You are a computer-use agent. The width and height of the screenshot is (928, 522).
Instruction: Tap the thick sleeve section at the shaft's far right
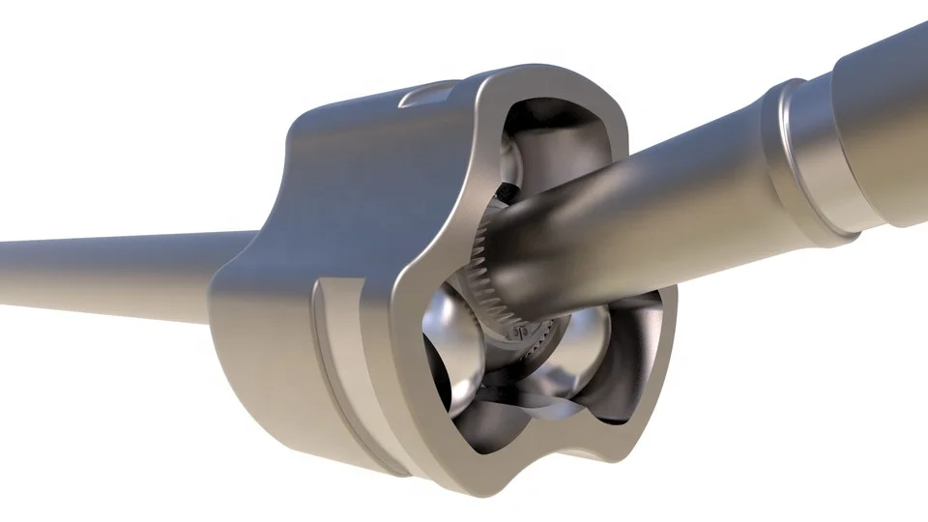pyautogui.click(x=884, y=126)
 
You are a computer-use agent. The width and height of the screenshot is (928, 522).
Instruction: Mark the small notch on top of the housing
pyautogui.click(x=425, y=94)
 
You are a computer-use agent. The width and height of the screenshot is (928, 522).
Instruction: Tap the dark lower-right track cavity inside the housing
pyautogui.click(x=623, y=387)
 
